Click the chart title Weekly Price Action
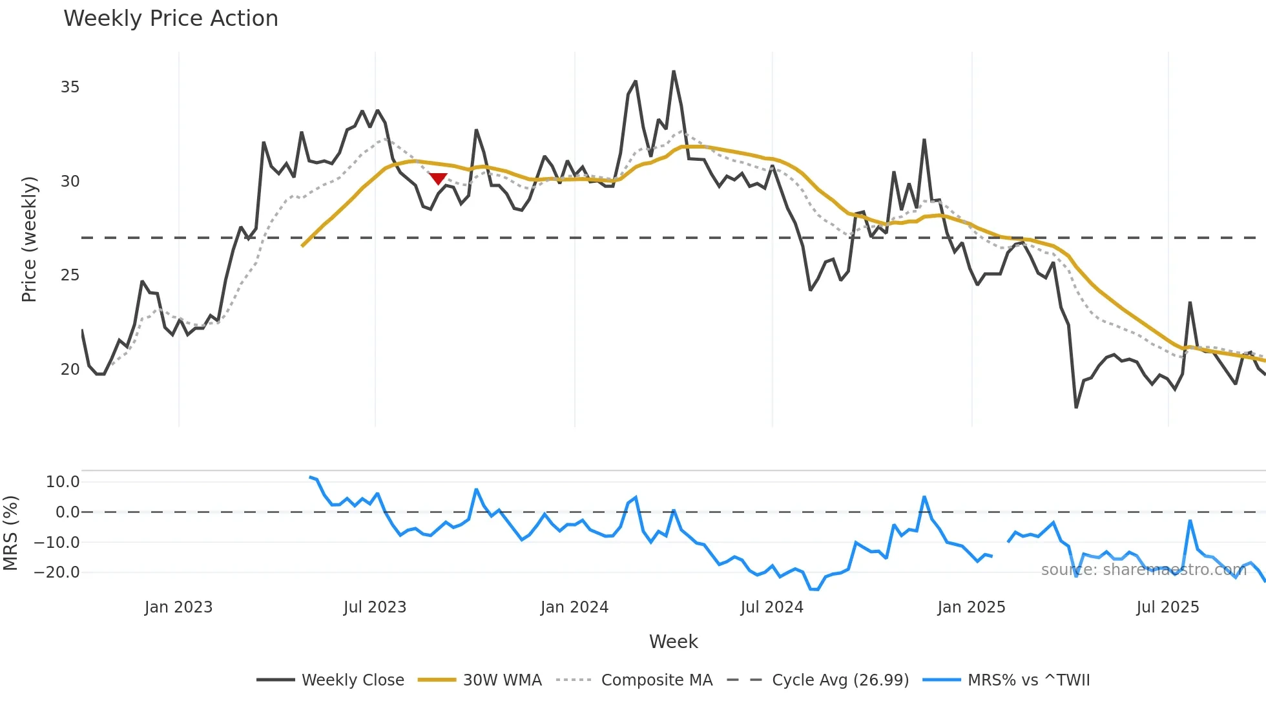tap(171, 19)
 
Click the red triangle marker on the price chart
tap(438, 178)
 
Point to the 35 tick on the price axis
tap(70, 87)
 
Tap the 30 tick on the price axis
tap(70, 182)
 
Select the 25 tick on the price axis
tap(70, 275)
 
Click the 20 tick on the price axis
tap(70, 370)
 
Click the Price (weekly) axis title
tap(30, 239)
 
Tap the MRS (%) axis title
tap(11, 533)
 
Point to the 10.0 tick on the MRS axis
tap(63, 482)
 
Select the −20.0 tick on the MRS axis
tap(57, 572)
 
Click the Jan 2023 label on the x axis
tap(178, 607)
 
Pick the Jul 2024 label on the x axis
tap(772, 607)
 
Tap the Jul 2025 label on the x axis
tap(1168, 607)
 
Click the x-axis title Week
tap(673, 642)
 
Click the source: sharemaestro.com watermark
tap(1143, 570)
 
